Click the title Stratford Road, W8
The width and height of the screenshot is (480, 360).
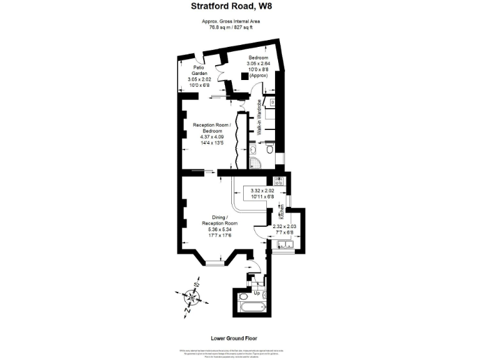pos(239,7)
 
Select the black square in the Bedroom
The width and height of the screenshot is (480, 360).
pos(244,76)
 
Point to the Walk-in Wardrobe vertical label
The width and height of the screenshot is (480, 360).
pos(259,117)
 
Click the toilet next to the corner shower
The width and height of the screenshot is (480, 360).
pos(269,150)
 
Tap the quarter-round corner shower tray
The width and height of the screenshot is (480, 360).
pos(254,163)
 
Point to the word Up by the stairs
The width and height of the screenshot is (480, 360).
pos(257,292)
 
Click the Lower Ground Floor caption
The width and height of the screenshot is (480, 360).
pos(239,337)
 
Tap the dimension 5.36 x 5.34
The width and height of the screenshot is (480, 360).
pos(220,229)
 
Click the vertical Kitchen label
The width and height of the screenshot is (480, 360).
pos(281,211)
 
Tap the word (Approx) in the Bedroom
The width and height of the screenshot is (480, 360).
pos(258,76)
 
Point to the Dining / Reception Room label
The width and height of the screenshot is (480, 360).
pos(220,220)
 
